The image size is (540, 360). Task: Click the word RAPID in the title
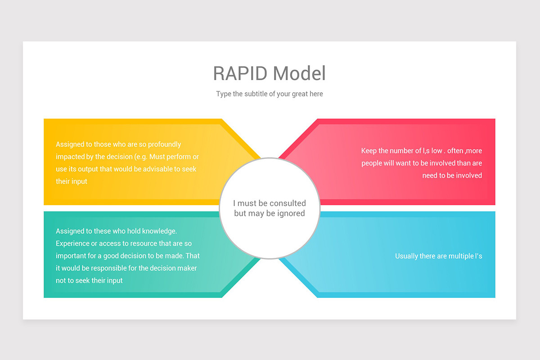[x=240, y=73]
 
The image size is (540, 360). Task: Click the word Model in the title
[x=299, y=73]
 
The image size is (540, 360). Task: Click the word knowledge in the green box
[x=159, y=231]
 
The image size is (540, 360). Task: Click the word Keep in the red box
[x=369, y=151]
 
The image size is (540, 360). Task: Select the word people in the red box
[x=372, y=163]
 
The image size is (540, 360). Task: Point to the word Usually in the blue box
[x=406, y=256]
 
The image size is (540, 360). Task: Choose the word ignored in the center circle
[x=290, y=213]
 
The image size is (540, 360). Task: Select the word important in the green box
[x=71, y=256]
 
